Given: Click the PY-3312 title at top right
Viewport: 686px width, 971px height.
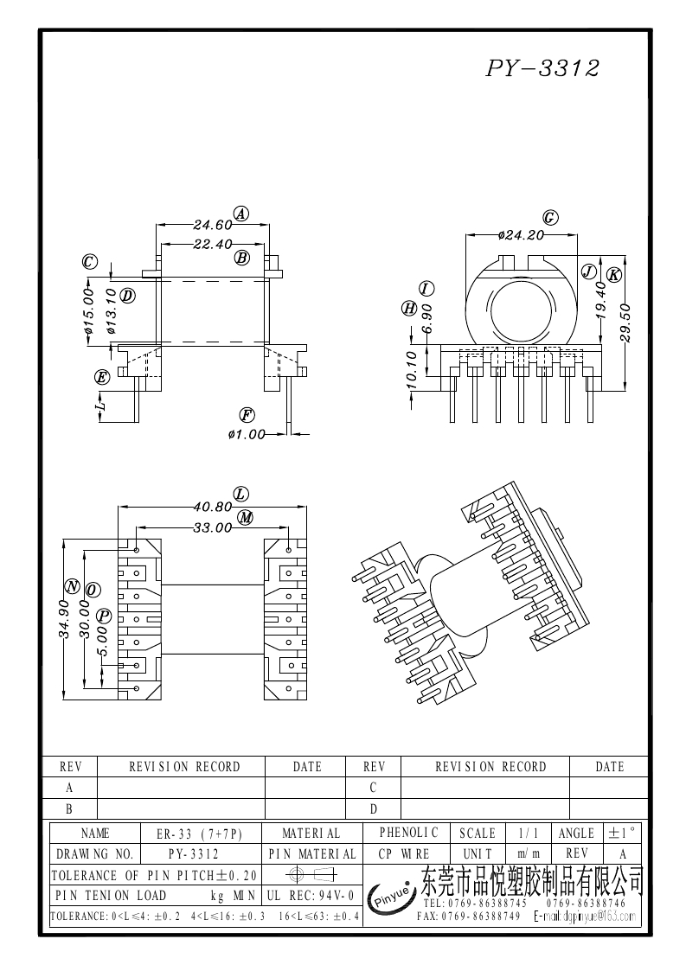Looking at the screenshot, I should click(542, 69).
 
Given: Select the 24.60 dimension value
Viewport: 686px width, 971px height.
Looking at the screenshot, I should click(212, 225).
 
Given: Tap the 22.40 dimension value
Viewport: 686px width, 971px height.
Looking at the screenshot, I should click(212, 244).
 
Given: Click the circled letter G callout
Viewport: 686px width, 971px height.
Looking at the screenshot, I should click(548, 217).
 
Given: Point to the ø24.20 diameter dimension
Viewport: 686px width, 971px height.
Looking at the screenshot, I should click(522, 234).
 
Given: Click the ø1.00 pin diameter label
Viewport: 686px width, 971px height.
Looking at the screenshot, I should click(247, 434).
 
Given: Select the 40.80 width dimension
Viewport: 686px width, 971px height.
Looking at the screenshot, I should click(213, 507).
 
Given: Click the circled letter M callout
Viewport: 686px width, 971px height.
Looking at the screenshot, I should click(246, 517).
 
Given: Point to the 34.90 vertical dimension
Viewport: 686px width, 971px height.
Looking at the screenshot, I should click(64, 618).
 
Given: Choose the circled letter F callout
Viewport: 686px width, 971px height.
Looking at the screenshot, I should click(247, 414).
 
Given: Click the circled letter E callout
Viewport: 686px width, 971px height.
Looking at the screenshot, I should click(103, 377).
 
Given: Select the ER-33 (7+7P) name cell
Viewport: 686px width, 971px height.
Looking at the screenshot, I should click(199, 834).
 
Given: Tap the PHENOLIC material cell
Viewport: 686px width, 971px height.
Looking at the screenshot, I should click(408, 833).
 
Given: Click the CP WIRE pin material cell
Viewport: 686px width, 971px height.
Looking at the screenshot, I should click(403, 853).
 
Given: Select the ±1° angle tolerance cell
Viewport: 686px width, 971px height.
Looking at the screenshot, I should click(622, 833).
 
